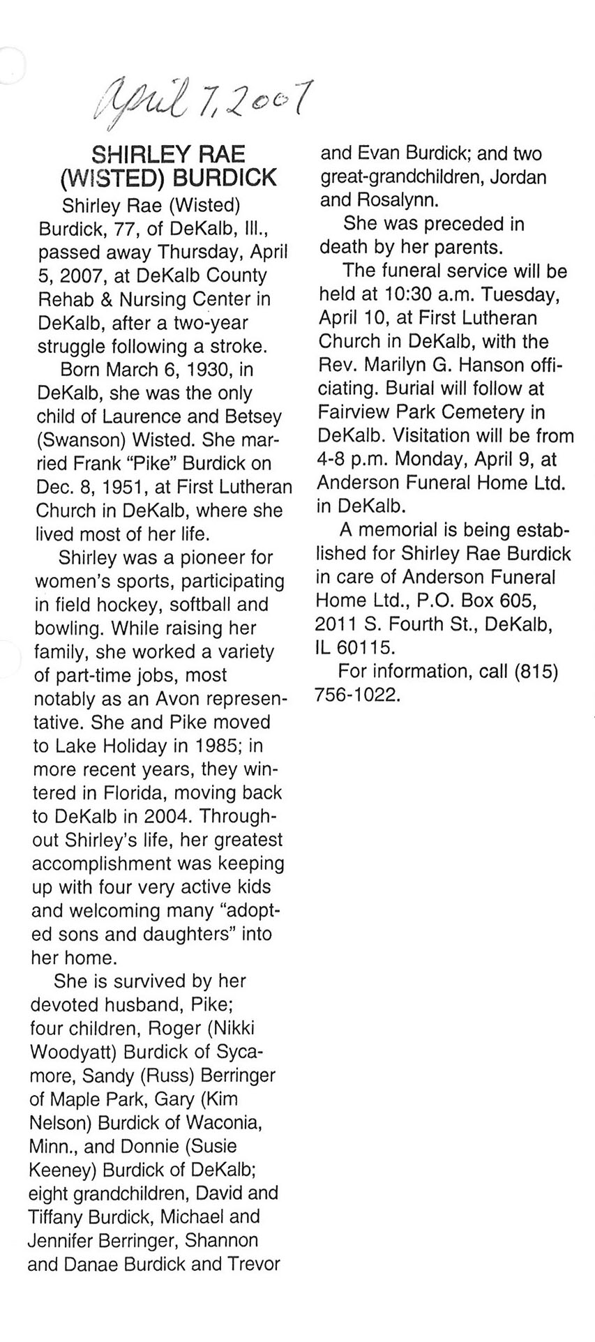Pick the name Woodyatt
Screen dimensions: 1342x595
tap(70, 1051)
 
